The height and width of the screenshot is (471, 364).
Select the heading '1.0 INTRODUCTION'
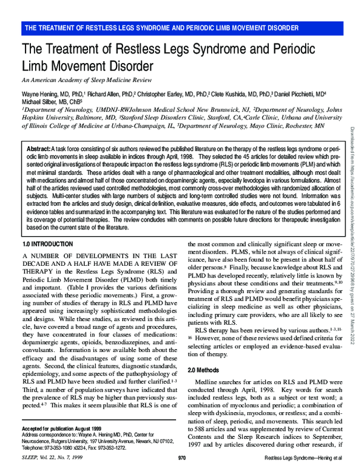47,243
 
